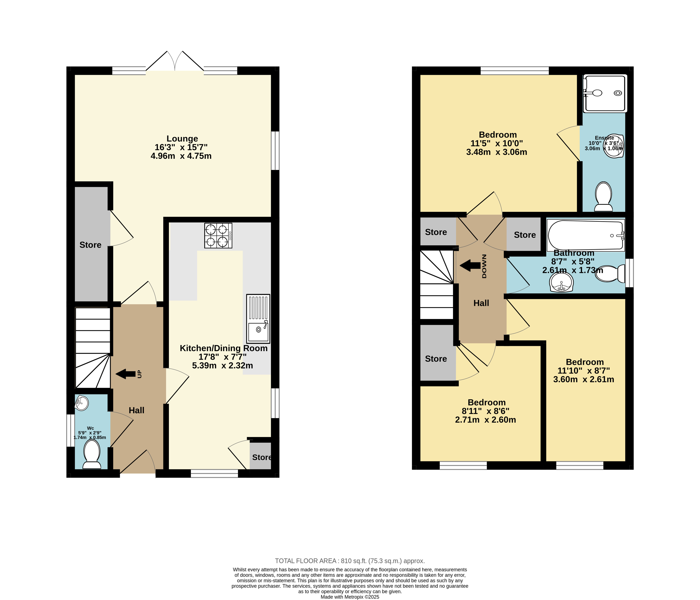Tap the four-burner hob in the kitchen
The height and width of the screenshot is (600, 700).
[218, 236]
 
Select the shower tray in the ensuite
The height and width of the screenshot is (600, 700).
[605, 93]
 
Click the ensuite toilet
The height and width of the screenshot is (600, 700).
[603, 197]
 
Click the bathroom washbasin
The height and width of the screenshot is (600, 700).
[561, 282]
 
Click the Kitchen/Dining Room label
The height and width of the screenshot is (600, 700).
[224, 348]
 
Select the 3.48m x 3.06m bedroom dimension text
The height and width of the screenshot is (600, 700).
[497, 152]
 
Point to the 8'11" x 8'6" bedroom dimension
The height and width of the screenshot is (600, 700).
[485, 411]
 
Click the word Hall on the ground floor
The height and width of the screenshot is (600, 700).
[137, 410]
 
